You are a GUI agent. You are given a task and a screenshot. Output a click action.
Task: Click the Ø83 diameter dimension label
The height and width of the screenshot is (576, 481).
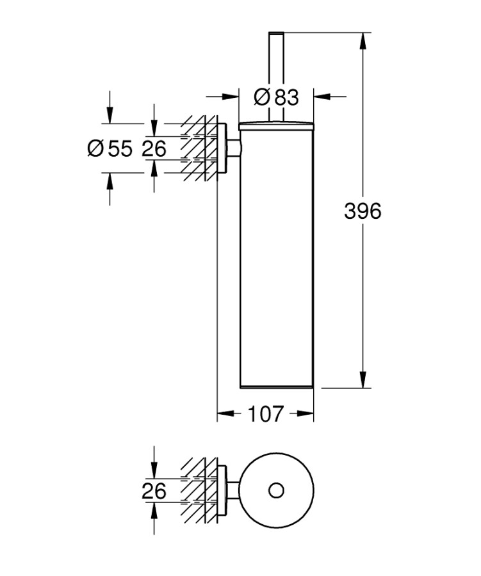point(276,98)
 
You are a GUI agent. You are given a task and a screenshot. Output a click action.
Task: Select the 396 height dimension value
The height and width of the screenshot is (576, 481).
point(363,211)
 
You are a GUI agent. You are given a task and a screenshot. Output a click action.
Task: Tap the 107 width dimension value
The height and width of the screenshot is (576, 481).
point(265,415)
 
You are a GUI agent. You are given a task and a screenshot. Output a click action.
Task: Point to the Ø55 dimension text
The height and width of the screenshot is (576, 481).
point(110,149)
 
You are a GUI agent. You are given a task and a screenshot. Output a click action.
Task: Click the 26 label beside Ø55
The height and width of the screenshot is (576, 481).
point(154,149)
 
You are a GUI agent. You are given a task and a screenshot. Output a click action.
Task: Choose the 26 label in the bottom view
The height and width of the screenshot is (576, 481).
point(154,492)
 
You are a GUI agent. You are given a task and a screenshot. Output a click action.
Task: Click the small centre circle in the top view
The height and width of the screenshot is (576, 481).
point(276,491)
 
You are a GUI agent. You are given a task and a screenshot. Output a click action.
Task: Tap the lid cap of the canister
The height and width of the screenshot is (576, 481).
point(276,124)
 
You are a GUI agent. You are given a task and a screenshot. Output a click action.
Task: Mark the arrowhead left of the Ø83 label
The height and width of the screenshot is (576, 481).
point(231,97)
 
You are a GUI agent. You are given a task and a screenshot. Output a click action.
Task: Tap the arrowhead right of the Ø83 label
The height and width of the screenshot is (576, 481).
point(321,97)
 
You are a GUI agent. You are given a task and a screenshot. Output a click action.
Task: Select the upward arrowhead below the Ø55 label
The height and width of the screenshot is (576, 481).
point(110,181)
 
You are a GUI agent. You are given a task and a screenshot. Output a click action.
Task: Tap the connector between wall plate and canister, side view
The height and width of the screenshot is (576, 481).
point(234,149)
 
